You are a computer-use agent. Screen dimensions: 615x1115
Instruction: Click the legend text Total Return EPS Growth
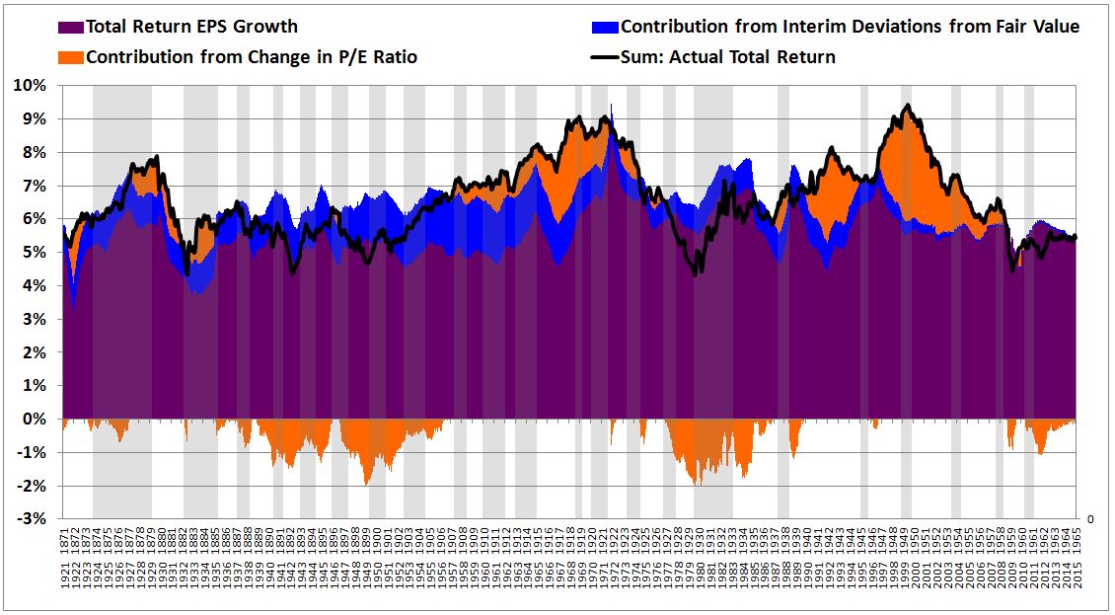pyautogui.click(x=191, y=27)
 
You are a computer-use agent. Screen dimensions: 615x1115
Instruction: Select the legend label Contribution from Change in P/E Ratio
pyautogui.click(x=251, y=57)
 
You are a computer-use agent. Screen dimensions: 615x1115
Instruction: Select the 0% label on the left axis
pyautogui.click(x=36, y=420)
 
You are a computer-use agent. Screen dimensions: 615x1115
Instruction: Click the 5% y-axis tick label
pyautogui.click(x=36, y=253)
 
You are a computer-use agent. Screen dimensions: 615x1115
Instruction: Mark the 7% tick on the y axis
pyautogui.click(x=36, y=186)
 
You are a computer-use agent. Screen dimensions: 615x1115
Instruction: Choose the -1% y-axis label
pyautogui.click(x=34, y=453)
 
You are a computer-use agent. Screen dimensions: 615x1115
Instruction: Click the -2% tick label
pyautogui.click(x=34, y=487)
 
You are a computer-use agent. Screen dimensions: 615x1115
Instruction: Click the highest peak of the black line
pyautogui.click(x=907, y=106)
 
